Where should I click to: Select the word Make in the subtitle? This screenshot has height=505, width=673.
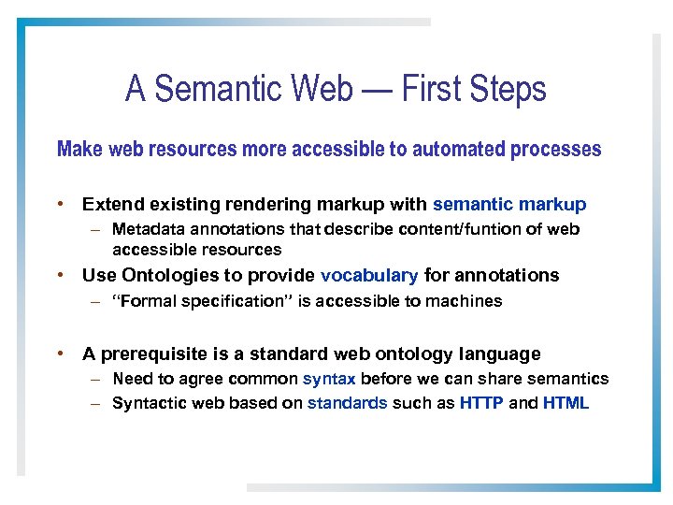pos(79,150)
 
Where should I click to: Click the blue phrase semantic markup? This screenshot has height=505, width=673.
pos(509,204)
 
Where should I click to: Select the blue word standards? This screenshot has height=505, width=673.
pos(347,404)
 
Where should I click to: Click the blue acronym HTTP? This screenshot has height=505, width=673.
pos(481,404)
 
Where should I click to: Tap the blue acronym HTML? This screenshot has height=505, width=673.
pos(566,404)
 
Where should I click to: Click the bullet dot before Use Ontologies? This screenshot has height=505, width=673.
pos(60,275)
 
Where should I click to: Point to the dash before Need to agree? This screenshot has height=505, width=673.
pos(96,380)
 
